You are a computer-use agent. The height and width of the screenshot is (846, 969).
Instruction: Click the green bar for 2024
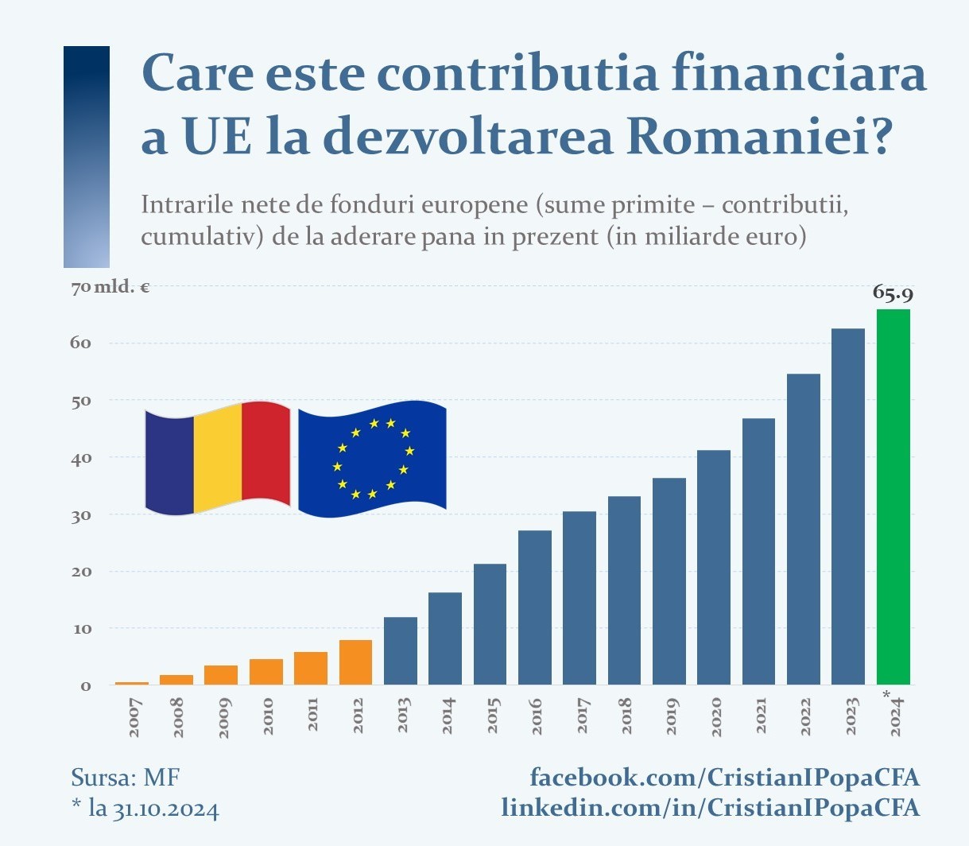pyautogui.click(x=893, y=497)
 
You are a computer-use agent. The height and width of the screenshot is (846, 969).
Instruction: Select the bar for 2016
pyautogui.click(x=535, y=607)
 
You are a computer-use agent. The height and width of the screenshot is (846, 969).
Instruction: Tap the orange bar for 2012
pyautogui.click(x=355, y=662)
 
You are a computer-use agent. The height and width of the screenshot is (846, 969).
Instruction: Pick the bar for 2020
pyautogui.click(x=714, y=568)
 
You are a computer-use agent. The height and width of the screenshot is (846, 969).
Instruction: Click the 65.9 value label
pyautogui.click(x=893, y=293)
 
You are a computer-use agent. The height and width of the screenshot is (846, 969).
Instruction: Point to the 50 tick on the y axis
pyautogui.click(x=83, y=401)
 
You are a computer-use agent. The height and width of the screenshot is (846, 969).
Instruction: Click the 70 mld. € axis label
pyautogui.click(x=110, y=287)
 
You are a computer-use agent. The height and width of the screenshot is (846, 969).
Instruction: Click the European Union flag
pyautogui.click(x=372, y=459)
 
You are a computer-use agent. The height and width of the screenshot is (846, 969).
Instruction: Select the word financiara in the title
pyautogui.click(x=799, y=74)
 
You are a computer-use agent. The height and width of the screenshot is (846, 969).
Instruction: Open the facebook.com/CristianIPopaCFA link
pyautogui.click(x=724, y=777)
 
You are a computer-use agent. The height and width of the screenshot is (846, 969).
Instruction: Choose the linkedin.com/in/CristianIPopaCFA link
pyautogui.click(x=710, y=808)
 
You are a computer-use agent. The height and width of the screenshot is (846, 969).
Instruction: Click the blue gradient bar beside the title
pyautogui.click(x=87, y=157)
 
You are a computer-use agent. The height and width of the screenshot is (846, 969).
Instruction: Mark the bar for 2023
pyautogui.click(x=848, y=506)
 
